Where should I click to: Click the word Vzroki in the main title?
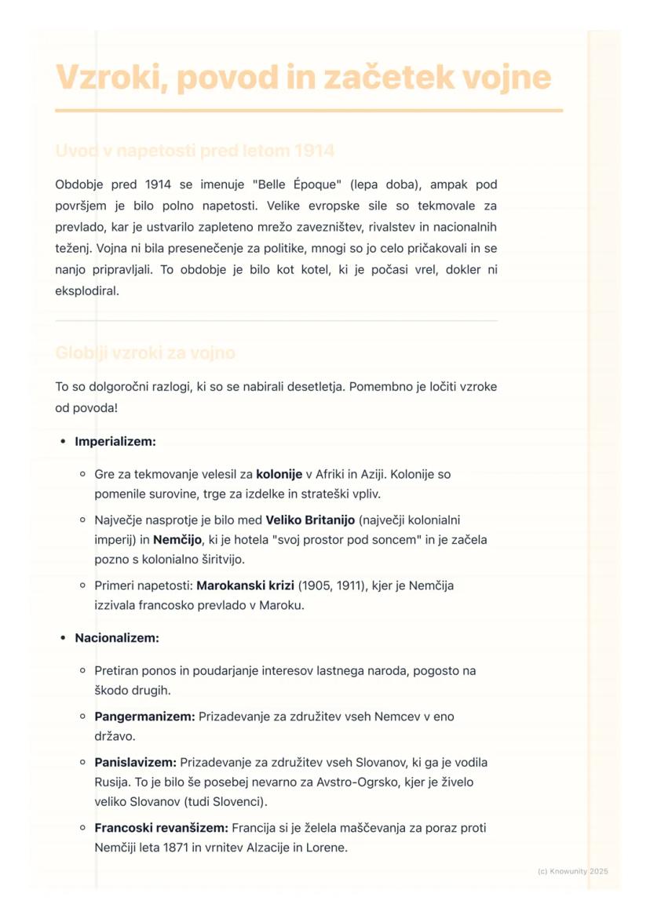coord(111,78)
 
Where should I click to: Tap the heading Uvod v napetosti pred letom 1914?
coord(195,151)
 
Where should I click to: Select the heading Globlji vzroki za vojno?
coord(145,353)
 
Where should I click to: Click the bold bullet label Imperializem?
coord(115,442)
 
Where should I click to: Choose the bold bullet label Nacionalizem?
coord(116,638)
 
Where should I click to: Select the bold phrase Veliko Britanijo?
coord(310,520)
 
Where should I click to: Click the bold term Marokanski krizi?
coord(245,585)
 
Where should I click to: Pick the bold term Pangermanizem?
coord(144,717)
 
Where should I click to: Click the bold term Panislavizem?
coord(135,762)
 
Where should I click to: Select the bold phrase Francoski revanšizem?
coord(161,828)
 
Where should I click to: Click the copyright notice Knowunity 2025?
coord(573,871)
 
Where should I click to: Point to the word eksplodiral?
coord(86,291)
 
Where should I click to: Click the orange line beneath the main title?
coord(309,111)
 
